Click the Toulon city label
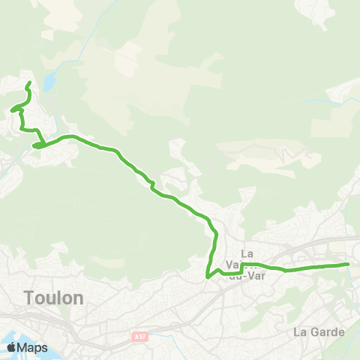point(53,298)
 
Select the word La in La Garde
point(301,331)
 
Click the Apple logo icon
point(11,347)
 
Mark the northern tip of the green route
point(29,82)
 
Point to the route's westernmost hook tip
point(11,111)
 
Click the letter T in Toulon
point(29,298)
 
